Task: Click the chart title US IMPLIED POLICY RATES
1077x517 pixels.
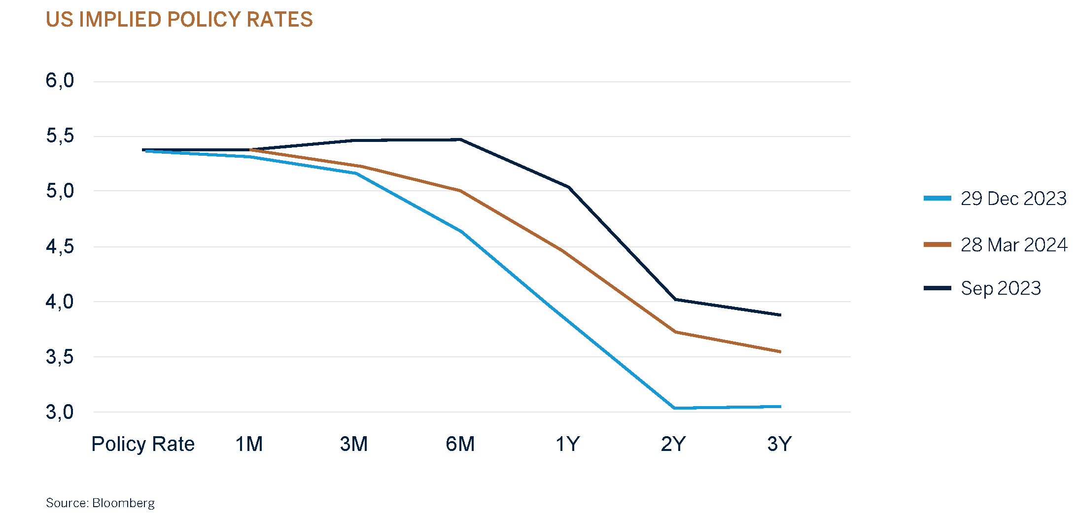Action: [179, 20]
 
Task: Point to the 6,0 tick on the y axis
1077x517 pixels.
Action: [60, 80]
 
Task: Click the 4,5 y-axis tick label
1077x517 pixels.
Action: [60, 246]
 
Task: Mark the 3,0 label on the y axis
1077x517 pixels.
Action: [60, 412]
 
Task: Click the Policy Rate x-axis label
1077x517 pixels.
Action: [143, 444]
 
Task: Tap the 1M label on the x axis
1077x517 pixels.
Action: [249, 444]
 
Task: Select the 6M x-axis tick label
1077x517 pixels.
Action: [460, 444]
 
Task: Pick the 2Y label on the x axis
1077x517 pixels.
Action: [673, 444]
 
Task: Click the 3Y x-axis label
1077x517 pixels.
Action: [779, 444]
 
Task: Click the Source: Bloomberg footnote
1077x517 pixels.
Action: [100, 503]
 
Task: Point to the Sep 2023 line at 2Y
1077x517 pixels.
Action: [675, 299]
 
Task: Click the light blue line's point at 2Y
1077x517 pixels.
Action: [674, 408]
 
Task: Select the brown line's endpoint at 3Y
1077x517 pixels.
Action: [780, 352]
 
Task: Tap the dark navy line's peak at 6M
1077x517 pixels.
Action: [460, 139]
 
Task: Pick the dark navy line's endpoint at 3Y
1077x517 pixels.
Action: [780, 315]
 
